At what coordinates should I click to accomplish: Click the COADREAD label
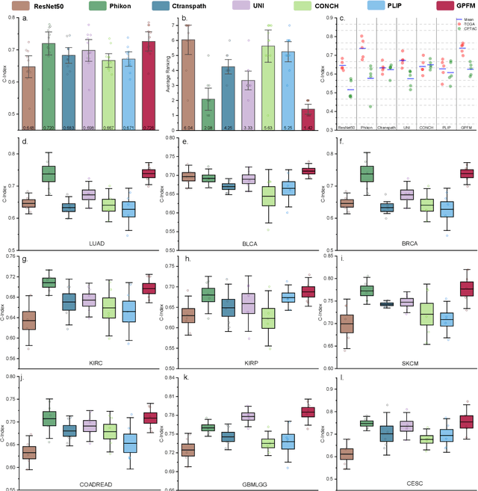(x=92, y=484)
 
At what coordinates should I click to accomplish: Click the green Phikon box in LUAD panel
(x=49, y=173)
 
